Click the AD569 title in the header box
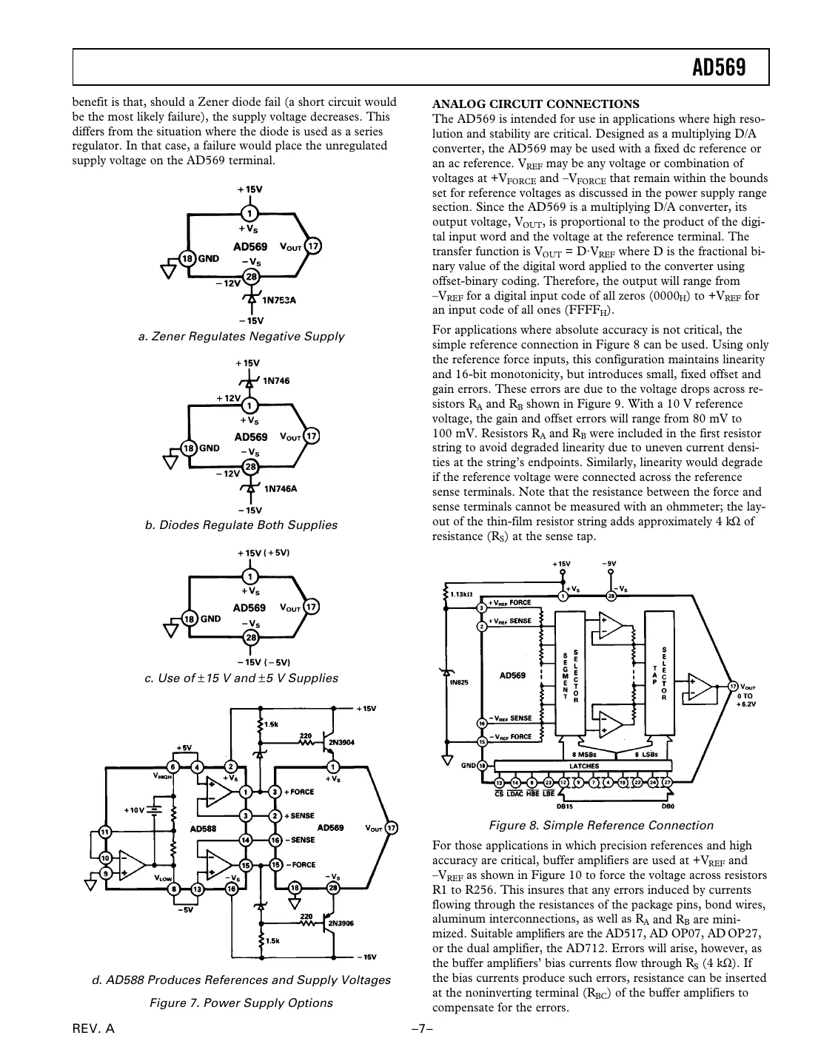click(718, 68)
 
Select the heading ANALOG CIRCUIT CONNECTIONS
click(535, 104)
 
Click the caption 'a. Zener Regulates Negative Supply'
click(241, 337)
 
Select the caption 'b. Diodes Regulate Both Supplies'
click(241, 525)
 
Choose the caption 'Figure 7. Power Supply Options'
click(241, 1003)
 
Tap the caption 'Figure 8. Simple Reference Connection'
click(600, 826)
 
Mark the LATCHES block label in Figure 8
click(584, 766)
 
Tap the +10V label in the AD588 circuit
click(134, 810)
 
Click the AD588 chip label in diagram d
click(203, 829)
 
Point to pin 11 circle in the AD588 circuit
click(105, 832)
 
